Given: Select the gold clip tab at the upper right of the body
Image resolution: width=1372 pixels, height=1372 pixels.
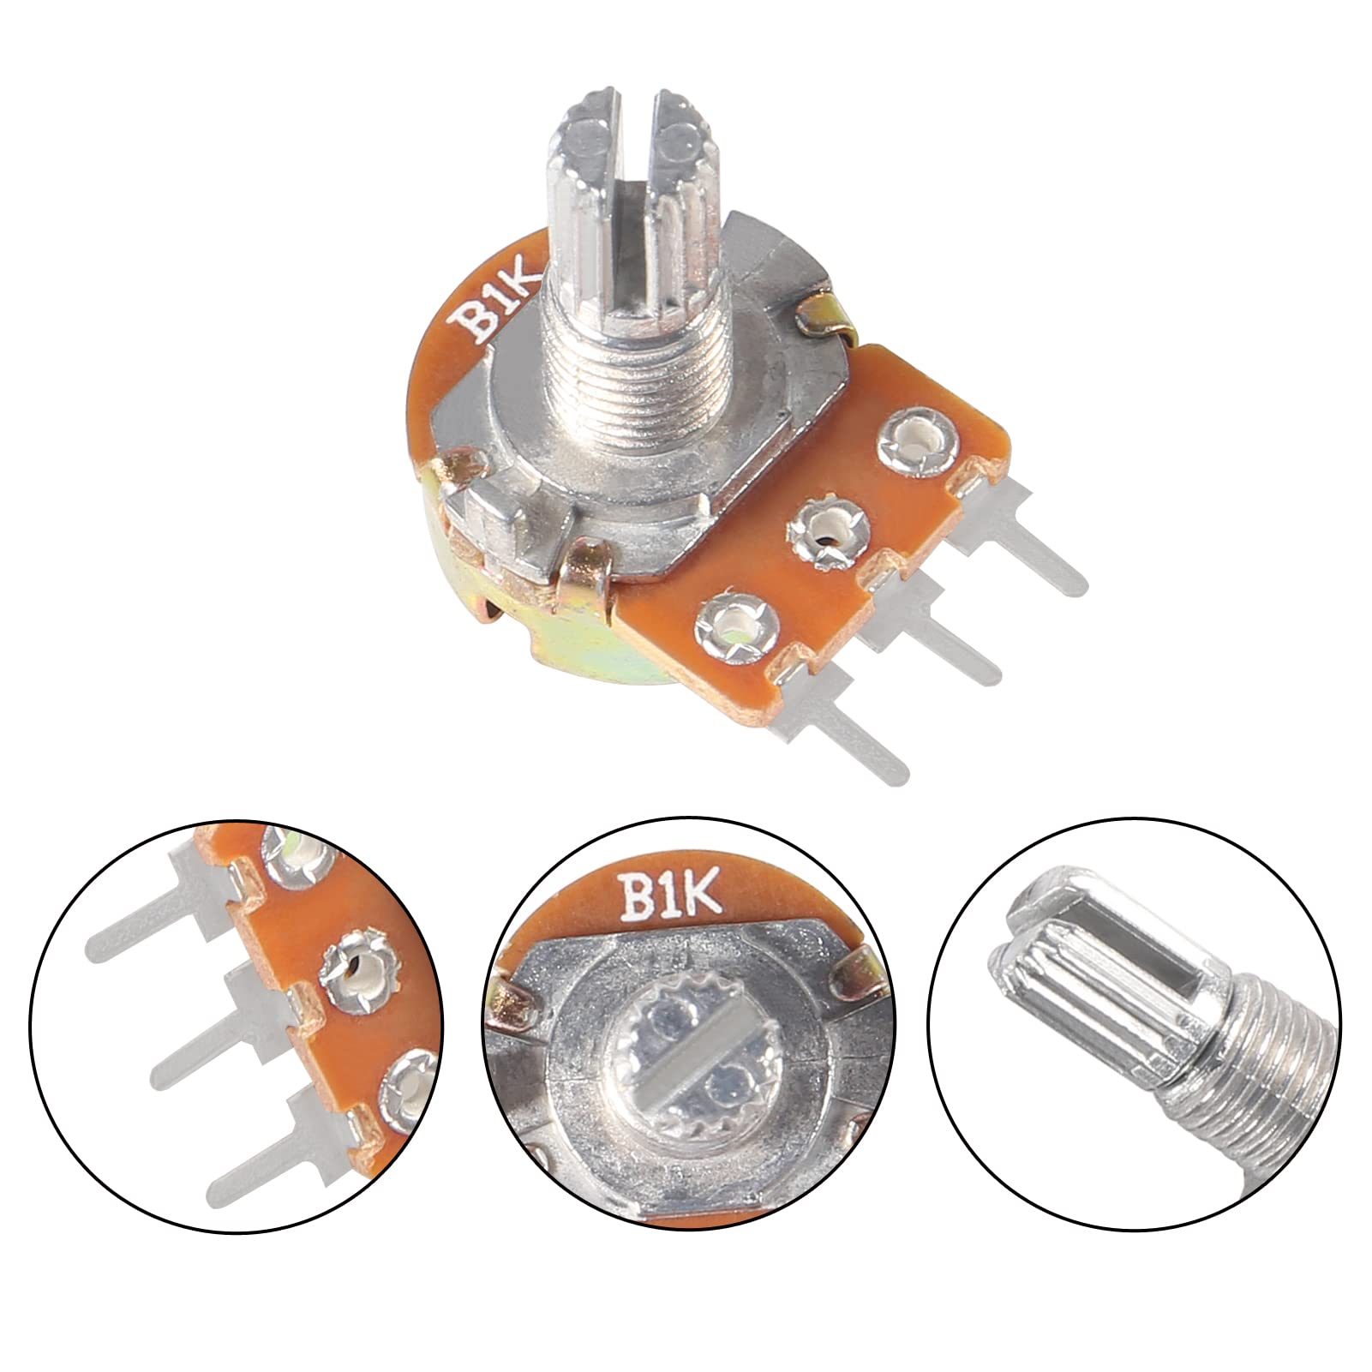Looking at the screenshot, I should (823, 317).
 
